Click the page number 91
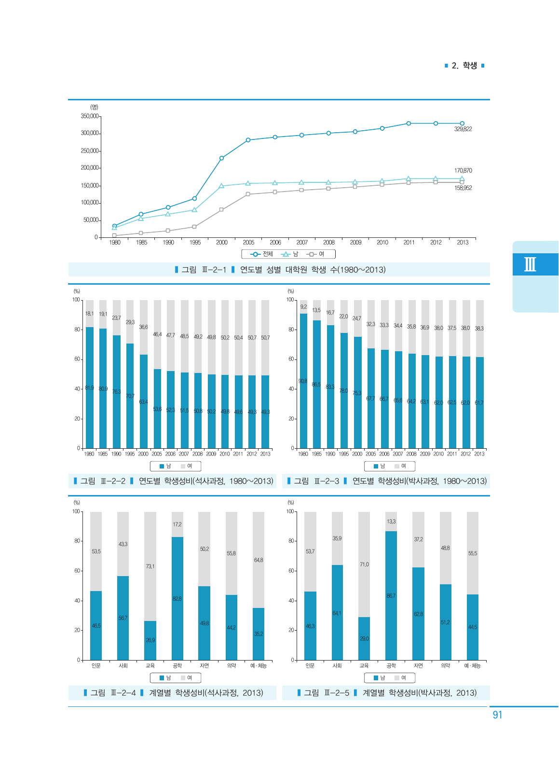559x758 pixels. (497, 715)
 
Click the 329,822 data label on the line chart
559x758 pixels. (463, 129)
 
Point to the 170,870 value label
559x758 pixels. (463, 171)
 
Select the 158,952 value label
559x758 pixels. (463, 188)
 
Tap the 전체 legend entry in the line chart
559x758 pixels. (263, 254)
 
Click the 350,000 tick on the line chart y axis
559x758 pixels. (90, 116)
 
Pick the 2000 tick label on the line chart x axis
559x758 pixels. (222, 243)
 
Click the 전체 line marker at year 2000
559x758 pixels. (221, 158)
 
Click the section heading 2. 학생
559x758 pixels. (464, 66)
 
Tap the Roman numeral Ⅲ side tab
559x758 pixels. (530, 264)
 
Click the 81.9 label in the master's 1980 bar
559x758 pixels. (90, 388)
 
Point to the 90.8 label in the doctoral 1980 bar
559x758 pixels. (303, 381)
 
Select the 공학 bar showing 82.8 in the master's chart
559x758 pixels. (177, 598)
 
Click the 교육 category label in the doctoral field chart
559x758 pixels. (364, 666)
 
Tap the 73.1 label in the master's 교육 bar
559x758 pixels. (150, 566)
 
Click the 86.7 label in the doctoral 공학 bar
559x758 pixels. (391, 596)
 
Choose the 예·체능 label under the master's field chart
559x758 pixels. (259, 666)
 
